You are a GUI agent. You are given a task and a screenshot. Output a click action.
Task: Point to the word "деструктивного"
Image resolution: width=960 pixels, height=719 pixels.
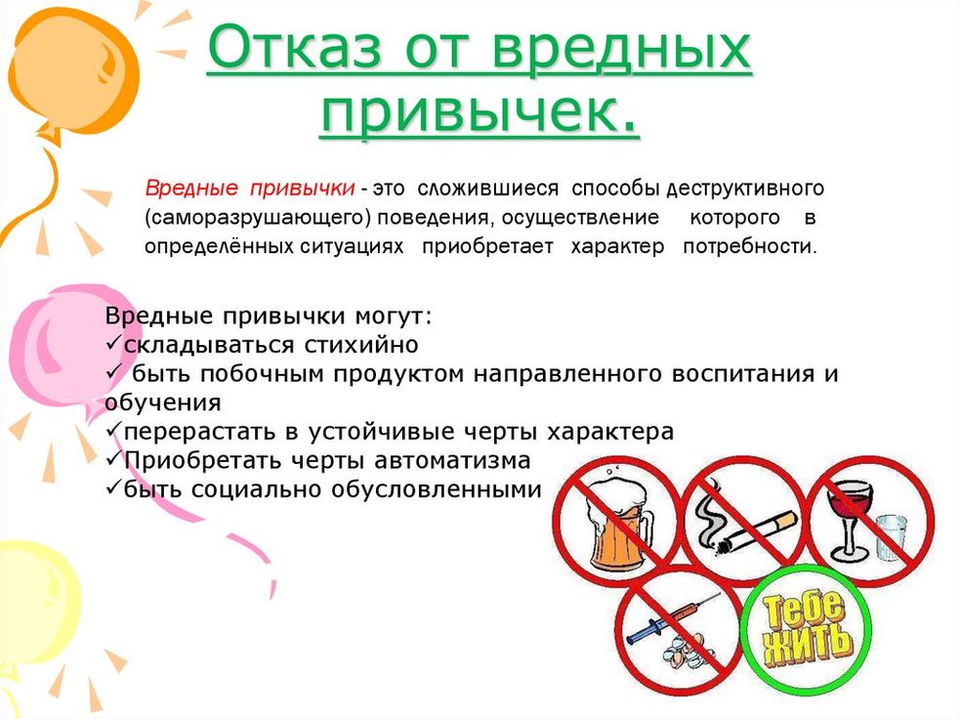click(745, 188)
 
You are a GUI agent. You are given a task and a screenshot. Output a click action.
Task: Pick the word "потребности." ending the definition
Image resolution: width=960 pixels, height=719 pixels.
click(750, 247)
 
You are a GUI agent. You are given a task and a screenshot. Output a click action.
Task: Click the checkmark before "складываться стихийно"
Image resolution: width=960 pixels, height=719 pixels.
click(113, 344)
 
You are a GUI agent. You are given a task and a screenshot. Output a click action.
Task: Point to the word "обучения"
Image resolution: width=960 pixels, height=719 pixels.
click(163, 403)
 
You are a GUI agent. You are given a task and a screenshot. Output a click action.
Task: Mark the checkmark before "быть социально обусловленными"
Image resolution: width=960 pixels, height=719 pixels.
click(113, 488)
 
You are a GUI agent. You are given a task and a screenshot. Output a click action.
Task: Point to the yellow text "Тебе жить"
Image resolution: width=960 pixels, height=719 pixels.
click(806, 628)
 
